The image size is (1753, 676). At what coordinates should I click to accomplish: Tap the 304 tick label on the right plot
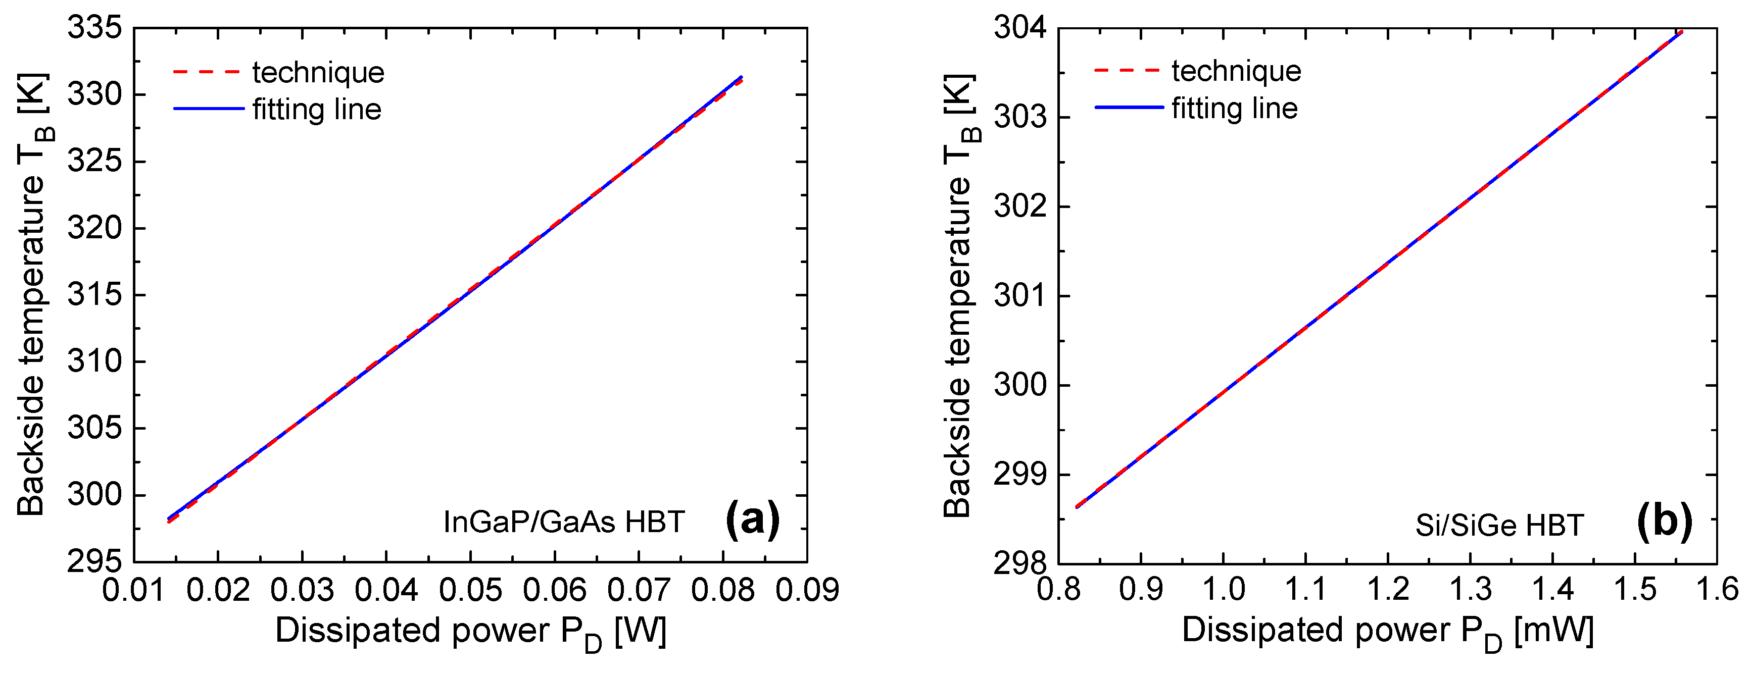[1021, 29]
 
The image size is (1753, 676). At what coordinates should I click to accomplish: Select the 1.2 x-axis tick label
[1388, 589]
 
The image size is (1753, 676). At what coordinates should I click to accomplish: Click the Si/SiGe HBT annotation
[1500, 525]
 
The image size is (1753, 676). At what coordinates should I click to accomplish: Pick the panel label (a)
[753, 521]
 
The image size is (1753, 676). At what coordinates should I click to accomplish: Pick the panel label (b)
[1665, 523]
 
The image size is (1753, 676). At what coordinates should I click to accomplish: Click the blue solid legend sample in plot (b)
[1128, 108]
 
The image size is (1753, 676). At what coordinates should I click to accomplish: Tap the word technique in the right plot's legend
[1236, 71]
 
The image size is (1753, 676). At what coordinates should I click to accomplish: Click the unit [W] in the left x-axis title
[640, 631]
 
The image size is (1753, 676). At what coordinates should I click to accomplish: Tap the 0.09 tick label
[807, 589]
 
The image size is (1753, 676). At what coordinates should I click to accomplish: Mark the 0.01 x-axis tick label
[133, 589]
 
